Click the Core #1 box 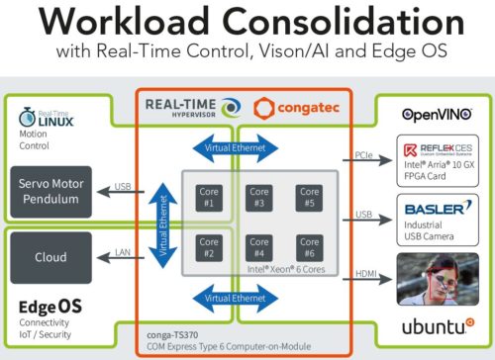tap(209, 195)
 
